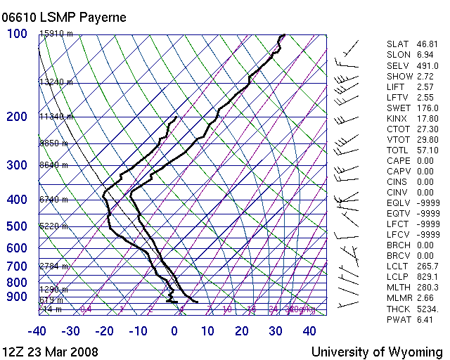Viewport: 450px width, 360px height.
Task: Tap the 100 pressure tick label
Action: [x=17, y=34]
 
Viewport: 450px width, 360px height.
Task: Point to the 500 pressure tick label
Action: [x=17, y=226]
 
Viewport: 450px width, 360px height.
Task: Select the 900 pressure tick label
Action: [x=17, y=297]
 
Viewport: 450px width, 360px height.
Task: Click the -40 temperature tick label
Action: [x=37, y=331]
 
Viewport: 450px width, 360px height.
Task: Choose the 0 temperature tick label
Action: [x=174, y=331]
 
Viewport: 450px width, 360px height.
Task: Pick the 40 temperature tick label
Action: [x=309, y=331]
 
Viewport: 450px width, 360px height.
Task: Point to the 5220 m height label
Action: [x=53, y=226]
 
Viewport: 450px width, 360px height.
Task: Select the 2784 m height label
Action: [x=53, y=266]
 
